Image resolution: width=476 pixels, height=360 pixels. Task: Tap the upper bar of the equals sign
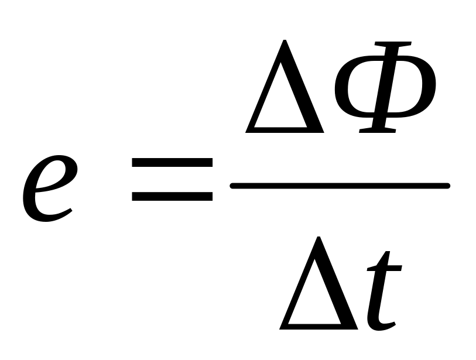pos(172,165)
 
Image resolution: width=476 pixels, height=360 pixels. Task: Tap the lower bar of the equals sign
pos(172,196)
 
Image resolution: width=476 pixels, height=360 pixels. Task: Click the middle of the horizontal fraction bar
pos(340,186)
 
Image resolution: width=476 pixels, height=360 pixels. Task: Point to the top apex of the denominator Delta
pos(319,237)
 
